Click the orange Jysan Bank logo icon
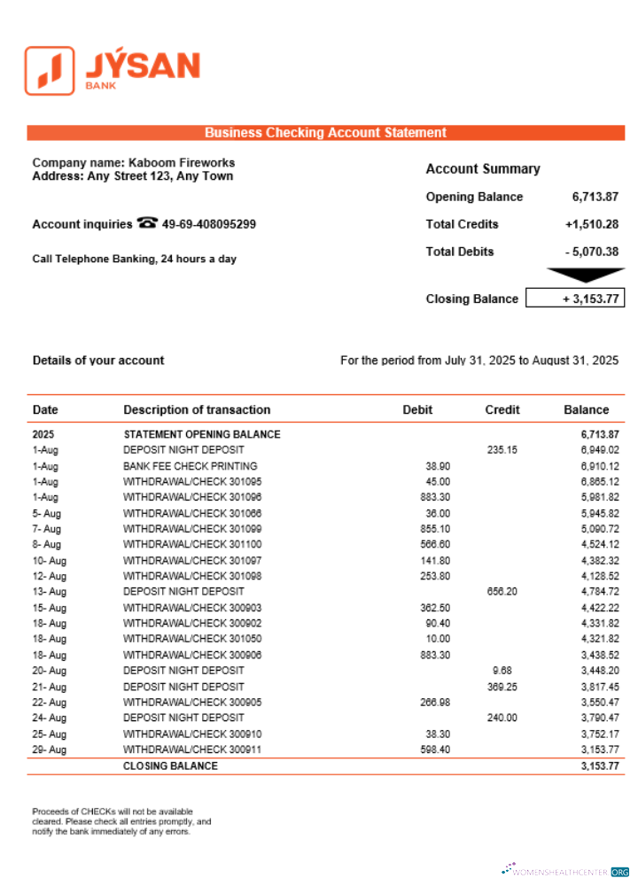50,70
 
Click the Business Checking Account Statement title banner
325,133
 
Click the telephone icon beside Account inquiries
147,223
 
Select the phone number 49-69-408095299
209,224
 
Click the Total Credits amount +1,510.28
591,224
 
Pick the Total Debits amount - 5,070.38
591,252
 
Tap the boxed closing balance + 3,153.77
575,299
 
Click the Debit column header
417,410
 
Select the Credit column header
502,410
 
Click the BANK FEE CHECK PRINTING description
190,466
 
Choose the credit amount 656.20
502,591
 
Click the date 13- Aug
50,591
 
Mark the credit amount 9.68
502,671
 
